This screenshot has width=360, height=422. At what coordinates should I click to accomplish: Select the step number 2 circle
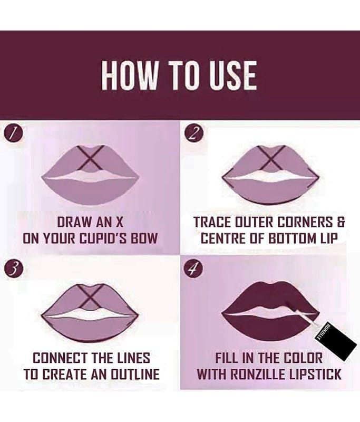click(193, 133)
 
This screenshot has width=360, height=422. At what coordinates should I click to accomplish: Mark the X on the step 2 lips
click(271, 159)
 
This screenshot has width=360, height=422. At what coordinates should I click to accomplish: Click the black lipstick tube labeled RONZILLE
click(336, 341)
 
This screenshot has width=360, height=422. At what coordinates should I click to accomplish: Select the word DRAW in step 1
click(73, 223)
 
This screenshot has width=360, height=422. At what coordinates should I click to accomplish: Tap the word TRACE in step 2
click(211, 223)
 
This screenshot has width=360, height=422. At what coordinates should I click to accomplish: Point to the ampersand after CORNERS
click(341, 223)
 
